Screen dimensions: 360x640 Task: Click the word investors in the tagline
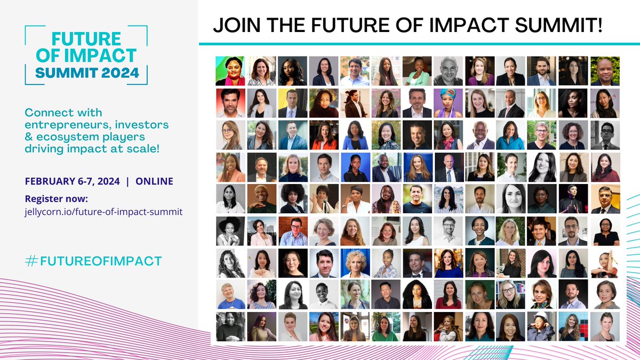tap(144, 124)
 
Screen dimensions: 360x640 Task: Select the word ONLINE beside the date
tap(154, 181)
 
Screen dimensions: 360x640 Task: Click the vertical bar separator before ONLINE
tap(127, 181)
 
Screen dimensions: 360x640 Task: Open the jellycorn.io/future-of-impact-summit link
tap(104, 212)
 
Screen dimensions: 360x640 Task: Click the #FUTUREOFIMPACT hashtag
tap(93, 261)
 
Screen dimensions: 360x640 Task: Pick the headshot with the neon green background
tap(230, 71)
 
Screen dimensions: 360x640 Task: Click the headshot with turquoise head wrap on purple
tap(448, 103)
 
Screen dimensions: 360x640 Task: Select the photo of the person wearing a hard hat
tap(542, 326)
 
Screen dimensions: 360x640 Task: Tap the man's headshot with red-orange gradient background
tap(230, 103)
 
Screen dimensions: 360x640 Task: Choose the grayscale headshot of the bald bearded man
tap(448, 71)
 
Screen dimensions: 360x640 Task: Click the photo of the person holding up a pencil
tap(605, 263)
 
